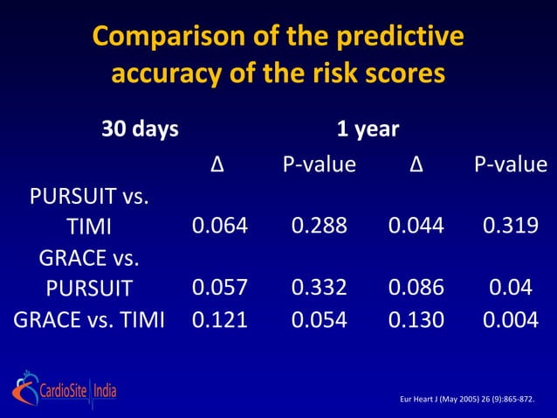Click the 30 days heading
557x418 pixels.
pyautogui.click(x=140, y=130)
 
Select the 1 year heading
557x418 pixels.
pyautogui.click(x=368, y=130)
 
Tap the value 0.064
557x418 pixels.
pyautogui.click(x=220, y=226)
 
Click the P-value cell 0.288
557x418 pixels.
pyautogui.click(x=319, y=226)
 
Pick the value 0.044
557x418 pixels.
pyautogui.click(x=416, y=226)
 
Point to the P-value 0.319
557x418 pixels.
pyautogui.click(x=511, y=226)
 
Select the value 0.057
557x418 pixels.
pyautogui.click(x=220, y=288)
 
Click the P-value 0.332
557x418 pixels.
pyautogui.click(x=319, y=288)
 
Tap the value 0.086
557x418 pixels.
pyautogui.click(x=416, y=288)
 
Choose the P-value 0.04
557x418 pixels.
pyautogui.click(x=511, y=288)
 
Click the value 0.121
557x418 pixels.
pyautogui.click(x=220, y=320)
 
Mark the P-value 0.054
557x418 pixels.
pyautogui.click(x=319, y=320)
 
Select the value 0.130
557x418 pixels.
pyautogui.click(x=416, y=320)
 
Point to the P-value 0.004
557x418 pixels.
pyautogui.click(x=511, y=320)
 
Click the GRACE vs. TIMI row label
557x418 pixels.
pyautogui.click(x=89, y=320)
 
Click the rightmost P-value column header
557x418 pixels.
pyautogui.click(x=511, y=164)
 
